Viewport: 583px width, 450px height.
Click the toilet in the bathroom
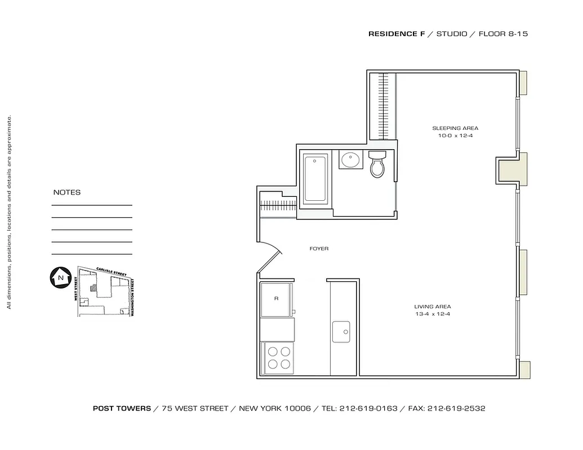click(x=377, y=164)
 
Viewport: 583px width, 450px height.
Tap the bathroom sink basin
click(x=350, y=160)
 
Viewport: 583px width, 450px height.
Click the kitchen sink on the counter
click(x=341, y=331)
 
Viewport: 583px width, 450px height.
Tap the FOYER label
click(x=319, y=249)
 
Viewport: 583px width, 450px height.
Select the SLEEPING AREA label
click(x=455, y=128)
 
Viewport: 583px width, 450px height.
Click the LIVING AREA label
click(x=433, y=307)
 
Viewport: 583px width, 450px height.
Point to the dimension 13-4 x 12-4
click(x=432, y=314)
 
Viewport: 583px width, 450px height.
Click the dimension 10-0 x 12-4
click(x=455, y=136)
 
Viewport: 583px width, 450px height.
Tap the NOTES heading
click(x=67, y=192)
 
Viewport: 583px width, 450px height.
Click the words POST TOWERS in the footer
click(x=122, y=409)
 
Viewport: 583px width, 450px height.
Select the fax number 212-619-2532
click(x=457, y=409)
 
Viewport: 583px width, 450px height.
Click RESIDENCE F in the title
click(x=397, y=34)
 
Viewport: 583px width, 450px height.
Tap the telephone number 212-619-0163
click(x=368, y=409)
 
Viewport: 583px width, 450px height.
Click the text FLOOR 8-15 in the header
click(x=503, y=34)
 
